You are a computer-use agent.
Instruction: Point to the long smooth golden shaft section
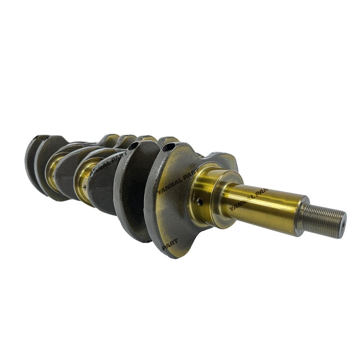(x=266, y=205)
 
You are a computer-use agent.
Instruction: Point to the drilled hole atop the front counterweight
(x=167, y=147)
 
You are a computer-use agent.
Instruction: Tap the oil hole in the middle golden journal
(x=84, y=187)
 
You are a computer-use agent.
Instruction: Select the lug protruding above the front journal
(x=225, y=162)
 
